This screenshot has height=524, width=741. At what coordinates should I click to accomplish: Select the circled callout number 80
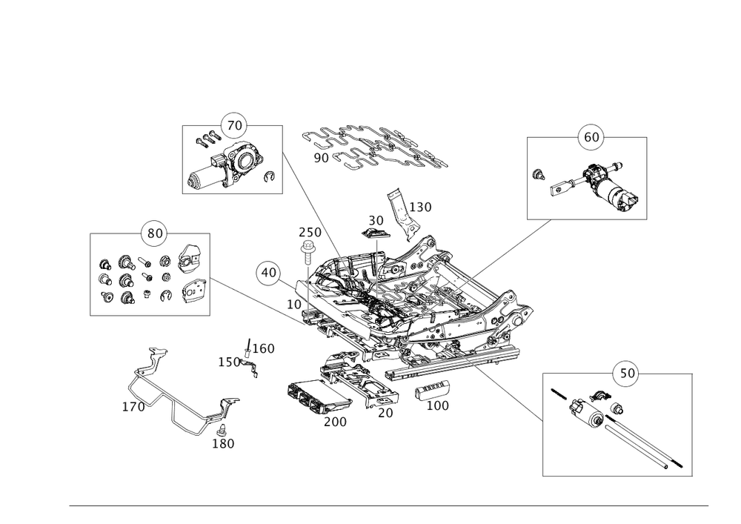154,233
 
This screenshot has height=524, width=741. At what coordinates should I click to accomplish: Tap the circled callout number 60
590,138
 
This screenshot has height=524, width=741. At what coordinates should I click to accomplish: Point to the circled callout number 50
626,373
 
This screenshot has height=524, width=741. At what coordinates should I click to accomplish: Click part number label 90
321,157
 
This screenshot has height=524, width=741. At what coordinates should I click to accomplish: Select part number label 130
420,208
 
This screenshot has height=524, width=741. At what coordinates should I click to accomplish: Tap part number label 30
376,221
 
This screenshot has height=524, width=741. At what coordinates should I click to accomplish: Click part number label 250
309,232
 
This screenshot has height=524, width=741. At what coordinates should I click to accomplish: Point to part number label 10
294,304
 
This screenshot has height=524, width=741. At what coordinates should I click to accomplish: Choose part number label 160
264,348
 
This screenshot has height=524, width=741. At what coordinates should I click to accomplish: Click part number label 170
133,407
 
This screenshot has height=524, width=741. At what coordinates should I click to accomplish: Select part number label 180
223,443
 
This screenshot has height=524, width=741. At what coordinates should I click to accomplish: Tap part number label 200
336,421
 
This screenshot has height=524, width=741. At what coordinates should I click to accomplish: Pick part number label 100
438,405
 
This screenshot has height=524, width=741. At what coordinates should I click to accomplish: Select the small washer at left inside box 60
539,176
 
